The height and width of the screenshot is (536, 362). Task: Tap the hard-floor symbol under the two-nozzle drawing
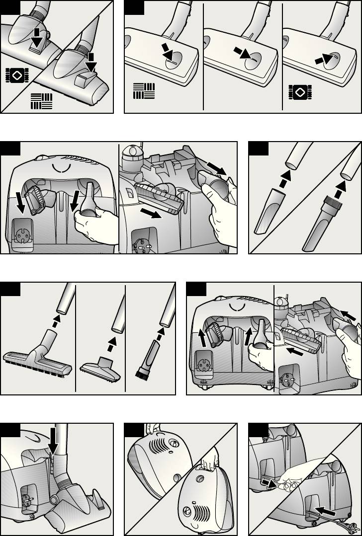pyautogui.click(x=41, y=100)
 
